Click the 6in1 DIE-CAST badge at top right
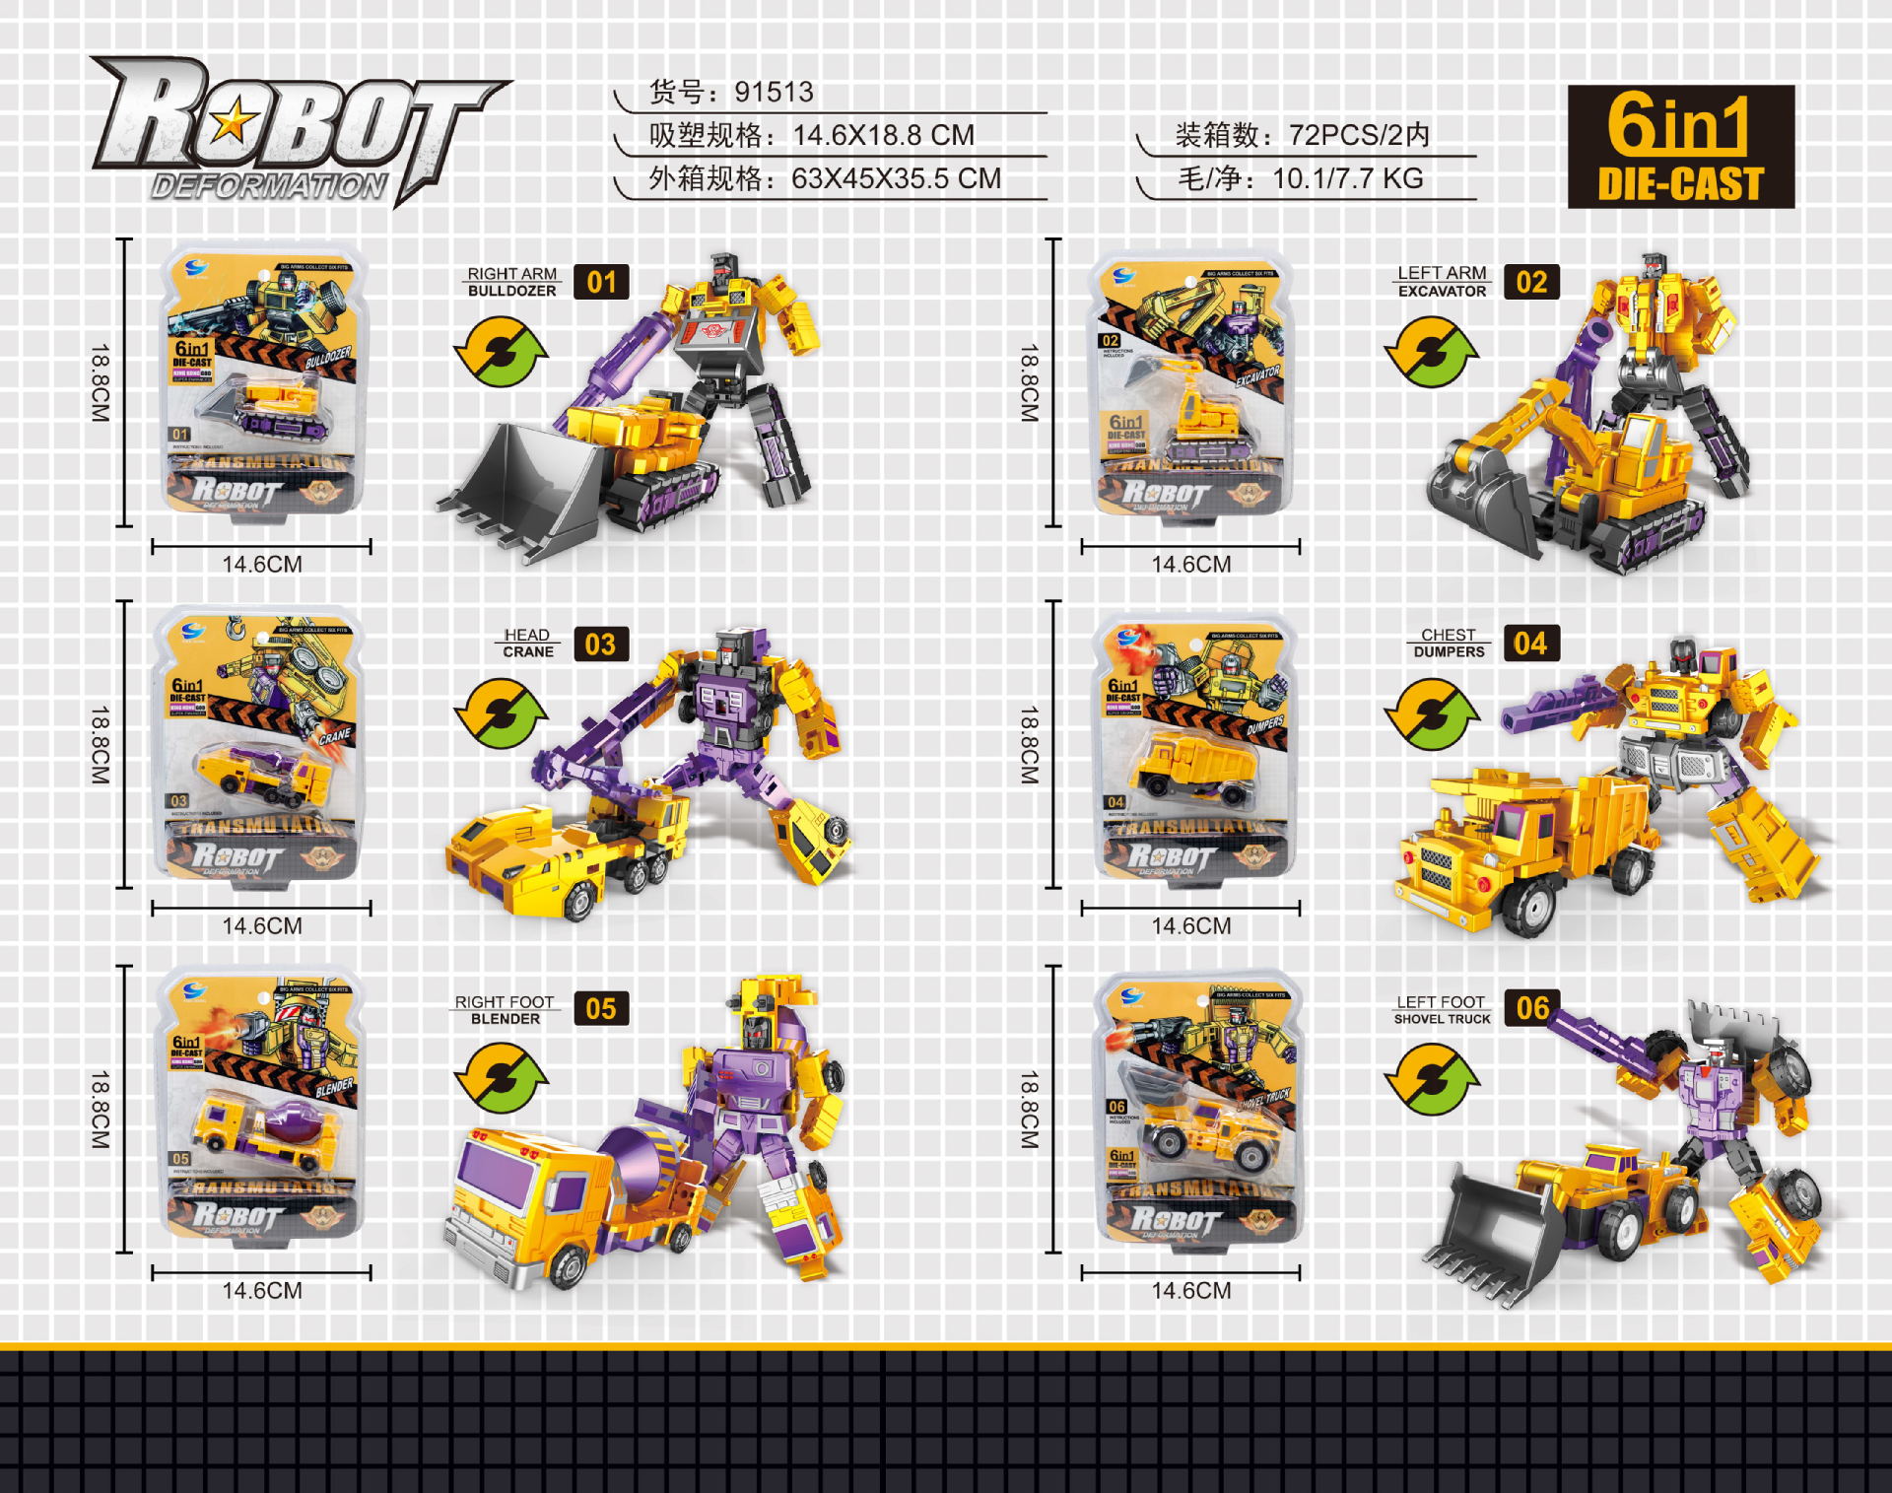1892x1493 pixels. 1680,147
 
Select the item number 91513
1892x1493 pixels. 774,93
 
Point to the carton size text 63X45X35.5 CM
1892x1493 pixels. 896,178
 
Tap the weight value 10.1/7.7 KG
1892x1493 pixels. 1347,178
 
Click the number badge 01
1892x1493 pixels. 601,283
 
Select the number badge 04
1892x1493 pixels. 1530,644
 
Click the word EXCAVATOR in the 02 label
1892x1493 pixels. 1442,292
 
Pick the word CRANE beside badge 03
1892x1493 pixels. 528,652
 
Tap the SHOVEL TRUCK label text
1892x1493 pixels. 1442,1019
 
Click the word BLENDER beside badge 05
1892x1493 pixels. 506,1019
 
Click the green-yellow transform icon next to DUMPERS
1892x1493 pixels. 1432,713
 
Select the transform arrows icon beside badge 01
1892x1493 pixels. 501,351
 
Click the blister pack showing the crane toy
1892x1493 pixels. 258,744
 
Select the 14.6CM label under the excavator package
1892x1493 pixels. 1190,565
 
